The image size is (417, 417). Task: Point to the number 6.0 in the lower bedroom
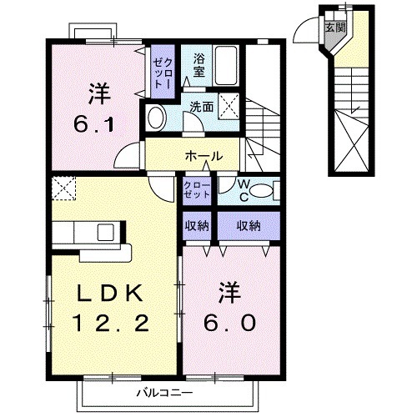pyautogui.click(x=231, y=322)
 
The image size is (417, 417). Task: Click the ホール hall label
pyautogui.click(x=203, y=156)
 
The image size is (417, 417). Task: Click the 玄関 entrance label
pyautogui.click(x=334, y=28)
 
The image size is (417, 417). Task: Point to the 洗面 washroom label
pyautogui.click(x=200, y=106)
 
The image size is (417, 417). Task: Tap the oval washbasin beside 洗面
pyautogui.click(x=155, y=118)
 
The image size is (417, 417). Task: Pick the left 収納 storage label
pyautogui.click(x=198, y=224)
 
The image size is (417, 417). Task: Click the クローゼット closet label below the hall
pyautogui.click(x=198, y=189)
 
